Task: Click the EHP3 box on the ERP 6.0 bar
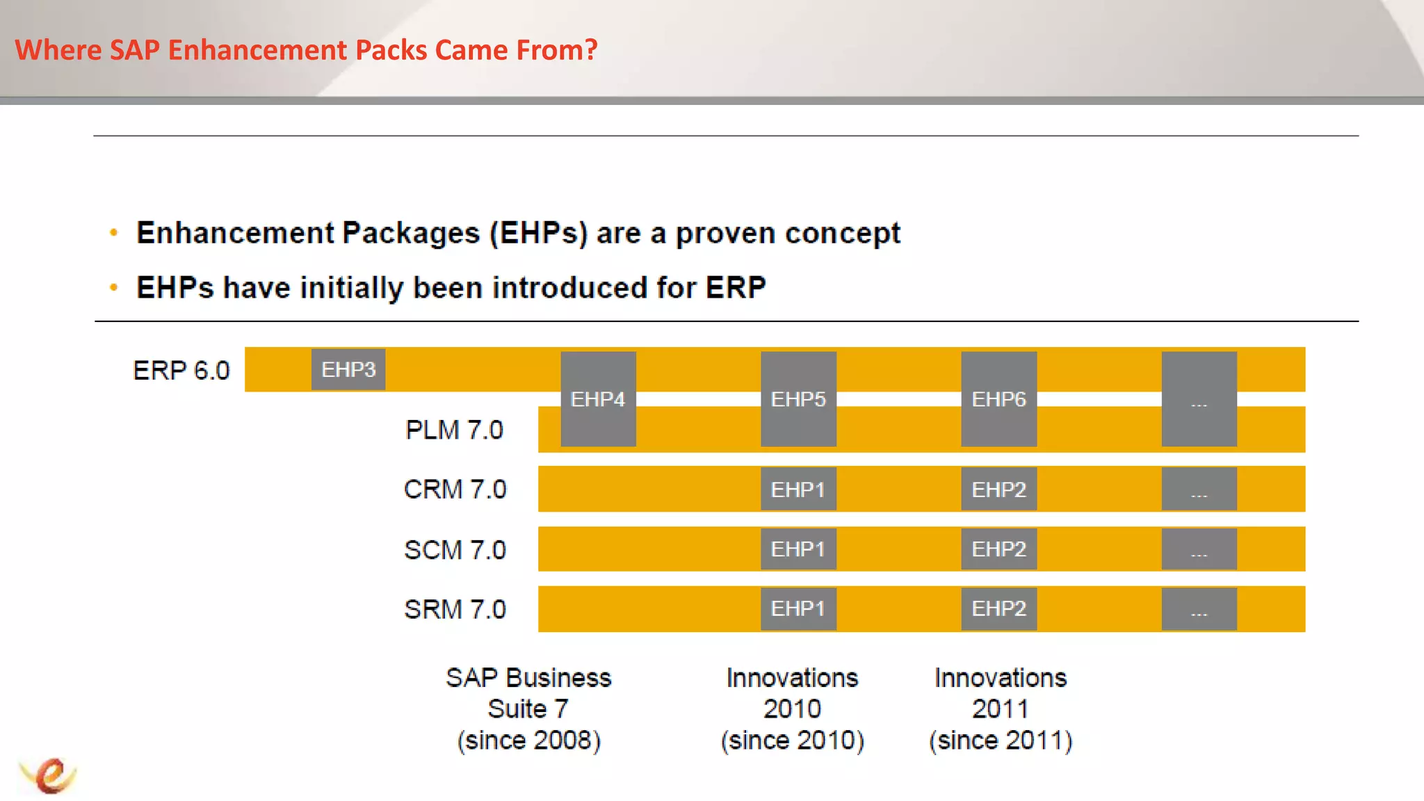(x=348, y=369)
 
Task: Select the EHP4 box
(x=598, y=399)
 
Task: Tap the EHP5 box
(x=798, y=399)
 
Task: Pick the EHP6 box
(x=998, y=399)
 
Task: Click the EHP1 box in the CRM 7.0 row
(x=798, y=489)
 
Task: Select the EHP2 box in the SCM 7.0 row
(x=998, y=549)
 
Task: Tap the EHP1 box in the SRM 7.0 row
(x=798, y=609)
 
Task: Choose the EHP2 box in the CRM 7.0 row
(x=998, y=489)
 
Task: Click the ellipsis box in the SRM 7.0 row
(x=1199, y=609)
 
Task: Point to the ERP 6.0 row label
(x=181, y=371)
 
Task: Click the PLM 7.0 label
(x=454, y=430)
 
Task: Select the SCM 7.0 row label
(x=455, y=550)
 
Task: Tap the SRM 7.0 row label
(x=455, y=610)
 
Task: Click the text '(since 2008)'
(x=528, y=741)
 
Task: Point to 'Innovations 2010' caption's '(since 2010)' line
(x=792, y=741)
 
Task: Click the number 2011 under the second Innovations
(x=1000, y=709)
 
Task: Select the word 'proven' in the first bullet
(x=725, y=233)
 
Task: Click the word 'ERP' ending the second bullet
(x=736, y=288)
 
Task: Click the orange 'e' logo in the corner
(x=49, y=775)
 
